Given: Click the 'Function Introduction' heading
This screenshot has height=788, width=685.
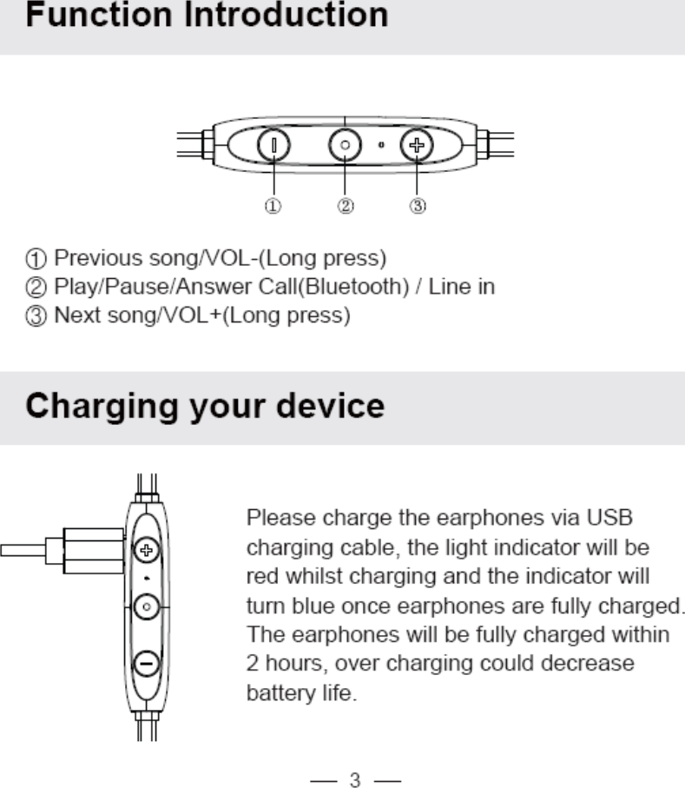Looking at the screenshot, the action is [207, 16].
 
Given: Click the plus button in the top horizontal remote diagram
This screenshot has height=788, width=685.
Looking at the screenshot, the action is [417, 145].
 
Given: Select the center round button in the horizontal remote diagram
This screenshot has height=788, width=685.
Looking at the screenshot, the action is [345, 145].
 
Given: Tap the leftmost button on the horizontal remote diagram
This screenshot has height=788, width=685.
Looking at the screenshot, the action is [273, 145].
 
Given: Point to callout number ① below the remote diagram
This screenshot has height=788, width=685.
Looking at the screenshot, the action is [273, 207].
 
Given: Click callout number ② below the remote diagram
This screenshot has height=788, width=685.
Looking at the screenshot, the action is [346, 207].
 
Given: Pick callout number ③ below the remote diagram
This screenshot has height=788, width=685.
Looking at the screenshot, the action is [418, 207].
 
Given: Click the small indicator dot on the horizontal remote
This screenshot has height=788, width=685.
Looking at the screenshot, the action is [382, 145].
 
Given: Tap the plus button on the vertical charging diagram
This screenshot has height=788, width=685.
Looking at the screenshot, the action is [147, 548].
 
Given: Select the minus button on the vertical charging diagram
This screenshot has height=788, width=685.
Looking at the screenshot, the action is [147, 664].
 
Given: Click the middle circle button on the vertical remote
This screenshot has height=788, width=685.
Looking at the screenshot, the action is [147, 606].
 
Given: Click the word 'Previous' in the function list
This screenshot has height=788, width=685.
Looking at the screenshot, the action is [88, 258].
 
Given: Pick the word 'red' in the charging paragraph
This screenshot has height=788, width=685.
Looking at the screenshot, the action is [260, 576].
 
